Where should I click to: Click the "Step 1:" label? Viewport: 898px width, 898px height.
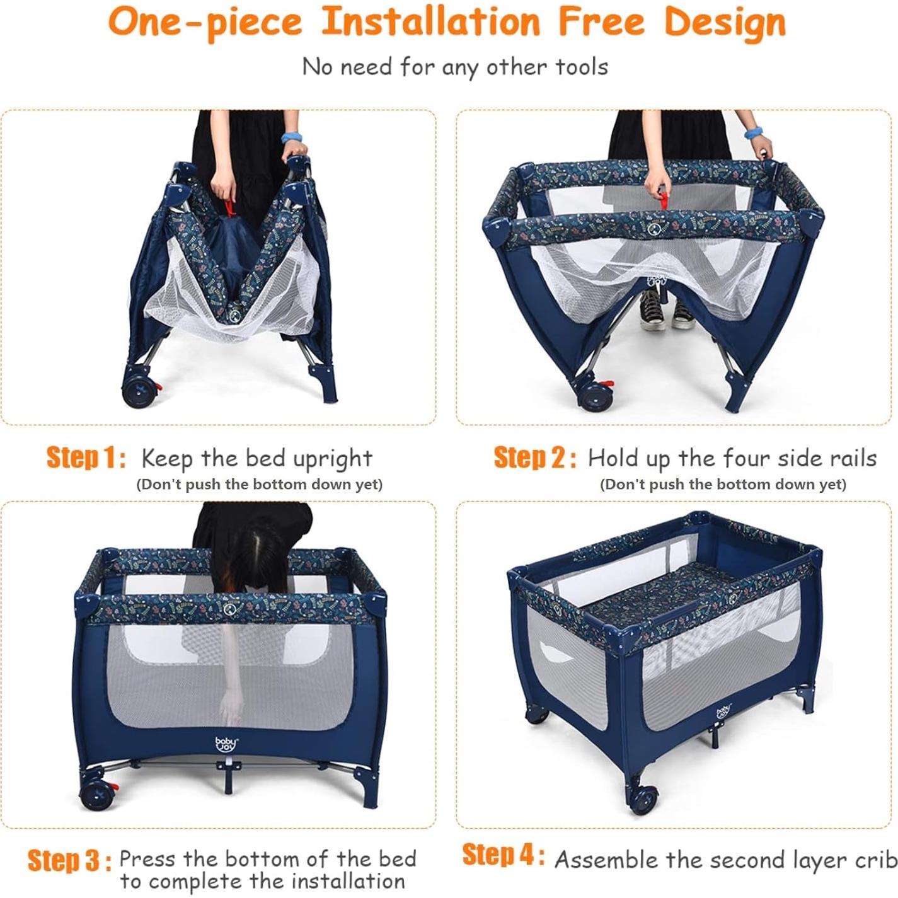(x=86, y=458)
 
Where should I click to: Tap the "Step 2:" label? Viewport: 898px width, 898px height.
(x=534, y=458)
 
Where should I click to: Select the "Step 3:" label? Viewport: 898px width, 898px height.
(x=69, y=860)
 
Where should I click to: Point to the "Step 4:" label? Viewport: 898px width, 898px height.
(x=504, y=855)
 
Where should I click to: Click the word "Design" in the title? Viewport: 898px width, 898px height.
(x=725, y=23)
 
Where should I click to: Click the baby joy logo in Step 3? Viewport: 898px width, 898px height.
(x=226, y=744)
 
